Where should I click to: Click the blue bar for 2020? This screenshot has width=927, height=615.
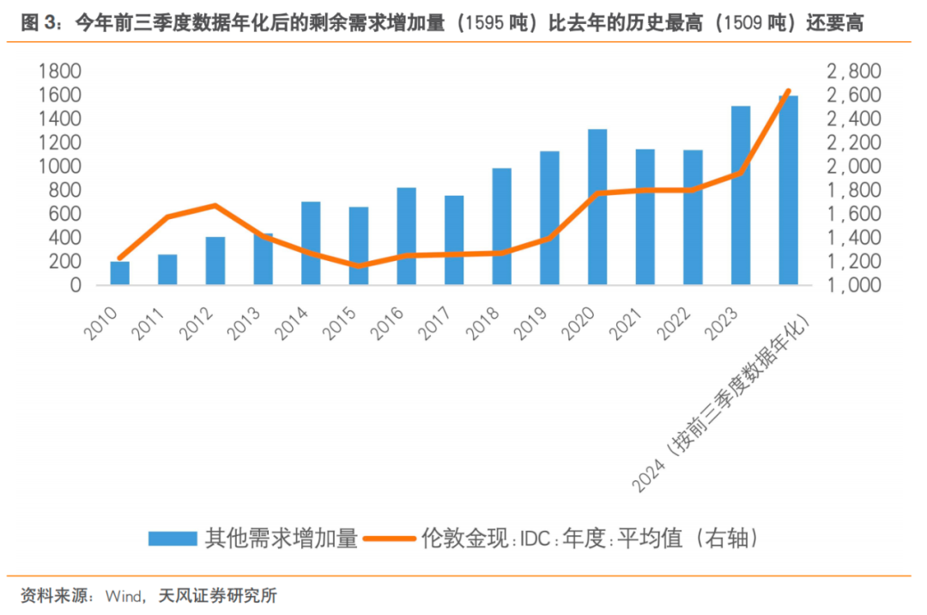click(x=597, y=206)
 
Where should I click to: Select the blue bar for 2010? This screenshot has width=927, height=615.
click(x=120, y=272)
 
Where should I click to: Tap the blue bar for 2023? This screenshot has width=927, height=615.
click(x=741, y=195)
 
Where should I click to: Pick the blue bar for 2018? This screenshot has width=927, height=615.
click(x=502, y=226)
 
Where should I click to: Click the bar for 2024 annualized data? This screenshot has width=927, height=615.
click(x=788, y=190)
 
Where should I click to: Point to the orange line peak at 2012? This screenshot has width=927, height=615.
click(x=215, y=205)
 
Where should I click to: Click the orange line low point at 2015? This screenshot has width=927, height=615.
click(x=359, y=266)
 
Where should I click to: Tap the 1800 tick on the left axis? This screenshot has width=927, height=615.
click(x=59, y=71)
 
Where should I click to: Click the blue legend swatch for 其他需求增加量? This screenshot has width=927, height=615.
click(x=173, y=539)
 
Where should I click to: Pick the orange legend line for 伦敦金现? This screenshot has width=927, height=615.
click(x=391, y=539)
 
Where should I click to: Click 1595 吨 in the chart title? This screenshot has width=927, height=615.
click(x=491, y=24)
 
